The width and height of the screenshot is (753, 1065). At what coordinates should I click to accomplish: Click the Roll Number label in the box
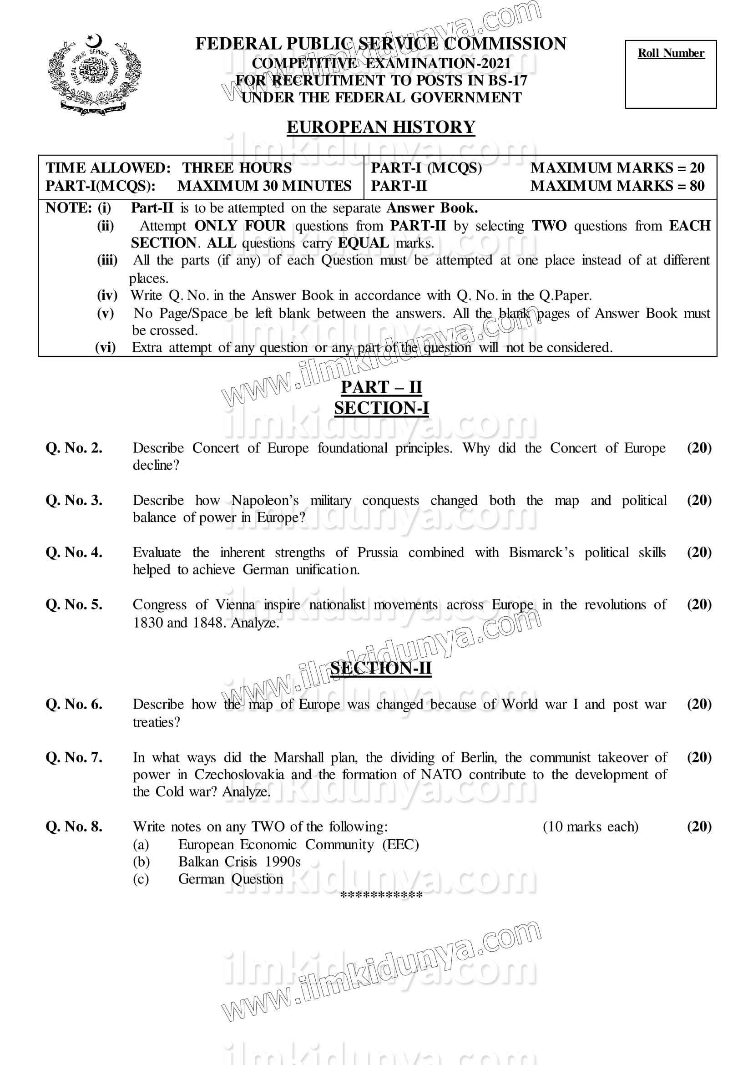[x=671, y=53]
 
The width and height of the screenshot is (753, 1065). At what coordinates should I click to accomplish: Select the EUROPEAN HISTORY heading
[x=381, y=127]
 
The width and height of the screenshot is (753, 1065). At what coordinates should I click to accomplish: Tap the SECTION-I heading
[x=381, y=408]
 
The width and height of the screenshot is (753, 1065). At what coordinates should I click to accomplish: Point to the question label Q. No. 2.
[x=74, y=448]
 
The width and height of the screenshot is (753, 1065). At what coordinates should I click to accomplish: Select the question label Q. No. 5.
[x=74, y=604]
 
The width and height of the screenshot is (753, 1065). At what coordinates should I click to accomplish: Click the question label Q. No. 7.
[x=74, y=757]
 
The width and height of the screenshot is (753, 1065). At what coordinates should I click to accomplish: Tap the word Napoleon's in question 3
[x=265, y=501]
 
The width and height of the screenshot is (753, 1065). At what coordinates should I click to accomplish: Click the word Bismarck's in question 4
[x=541, y=553]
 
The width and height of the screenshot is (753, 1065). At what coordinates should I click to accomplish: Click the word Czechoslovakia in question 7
[x=239, y=775]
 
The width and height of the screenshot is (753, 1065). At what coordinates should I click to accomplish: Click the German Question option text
[x=230, y=878]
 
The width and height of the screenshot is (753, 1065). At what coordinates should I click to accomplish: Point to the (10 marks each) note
[x=590, y=827]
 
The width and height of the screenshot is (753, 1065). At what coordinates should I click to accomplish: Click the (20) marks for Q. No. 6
[x=699, y=704]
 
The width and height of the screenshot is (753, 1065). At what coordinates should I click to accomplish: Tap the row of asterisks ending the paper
[x=381, y=895]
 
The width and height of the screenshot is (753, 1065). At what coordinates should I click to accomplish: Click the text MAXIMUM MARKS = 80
[x=617, y=186]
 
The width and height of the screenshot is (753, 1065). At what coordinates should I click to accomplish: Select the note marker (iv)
[x=106, y=295]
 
